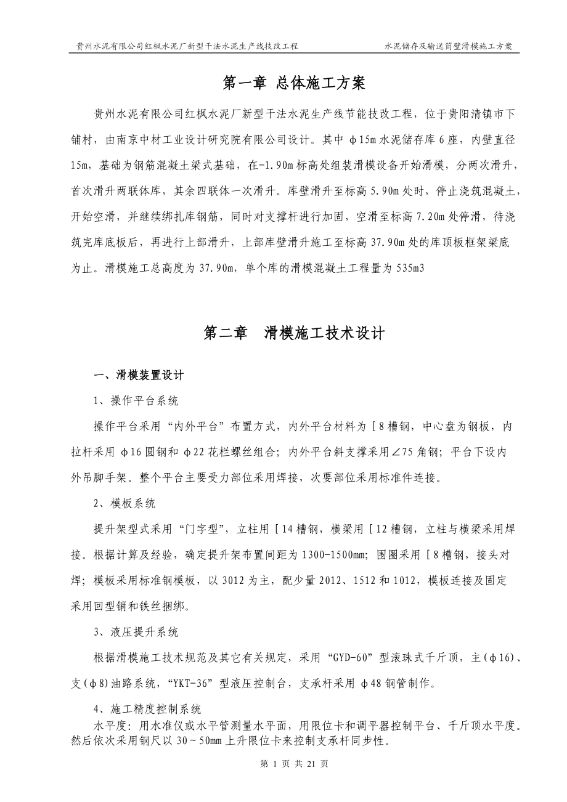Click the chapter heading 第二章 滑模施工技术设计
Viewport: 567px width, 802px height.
[x=295, y=333]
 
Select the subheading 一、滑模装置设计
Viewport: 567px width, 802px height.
[x=137, y=376]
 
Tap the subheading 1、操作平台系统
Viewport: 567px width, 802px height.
[x=136, y=401]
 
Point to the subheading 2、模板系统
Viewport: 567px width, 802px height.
[x=124, y=504]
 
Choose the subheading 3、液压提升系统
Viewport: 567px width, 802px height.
[x=136, y=632]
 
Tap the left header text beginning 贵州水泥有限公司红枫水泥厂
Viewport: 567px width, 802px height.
[x=187, y=46]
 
